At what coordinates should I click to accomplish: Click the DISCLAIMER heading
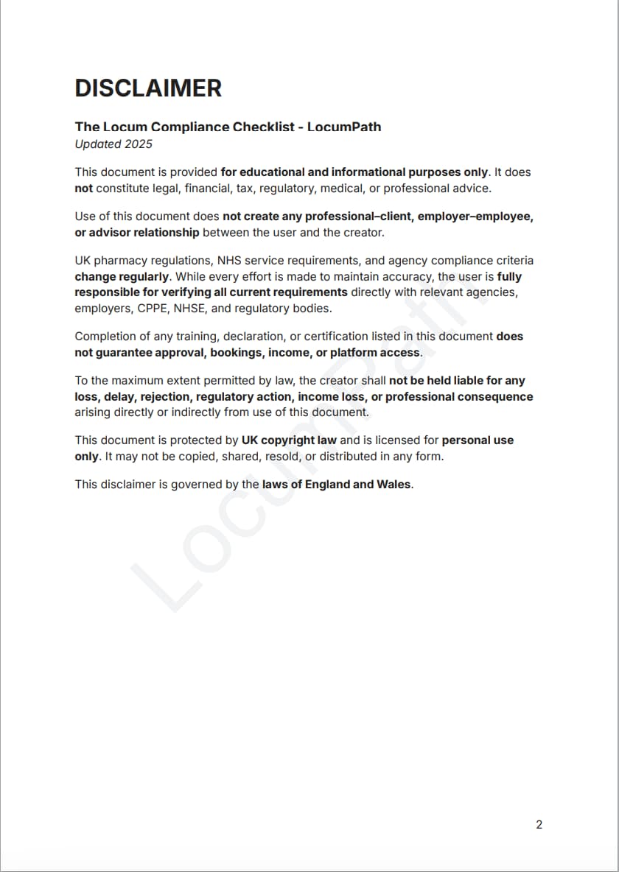click(148, 88)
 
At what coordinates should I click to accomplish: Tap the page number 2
click(539, 824)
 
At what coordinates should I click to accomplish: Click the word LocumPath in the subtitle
click(344, 127)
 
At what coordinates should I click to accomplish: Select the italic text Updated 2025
click(108, 144)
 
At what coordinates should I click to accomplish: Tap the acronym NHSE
click(189, 309)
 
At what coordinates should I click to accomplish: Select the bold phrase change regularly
click(122, 277)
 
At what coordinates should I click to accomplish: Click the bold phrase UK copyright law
click(289, 440)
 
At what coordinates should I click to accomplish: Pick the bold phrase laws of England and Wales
click(336, 485)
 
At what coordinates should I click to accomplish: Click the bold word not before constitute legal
click(83, 188)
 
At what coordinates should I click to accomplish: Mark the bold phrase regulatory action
click(243, 397)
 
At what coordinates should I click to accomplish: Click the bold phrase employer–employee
click(475, 217)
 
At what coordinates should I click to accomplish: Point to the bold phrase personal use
click(478, 440)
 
